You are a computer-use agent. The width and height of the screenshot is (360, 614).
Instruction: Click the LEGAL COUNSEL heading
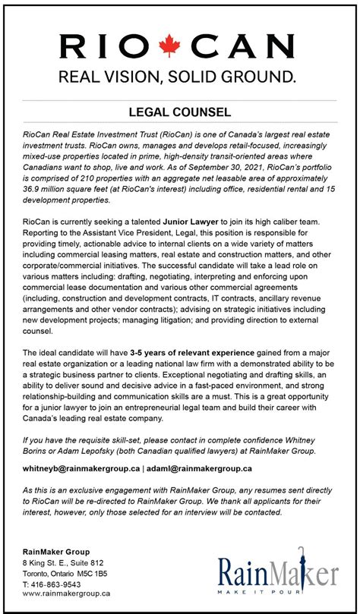coord(179,112)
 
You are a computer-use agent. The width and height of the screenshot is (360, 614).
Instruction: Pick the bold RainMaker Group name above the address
coord(55,551)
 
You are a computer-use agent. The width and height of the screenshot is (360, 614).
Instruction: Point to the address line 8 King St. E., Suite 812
coord(63,562)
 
